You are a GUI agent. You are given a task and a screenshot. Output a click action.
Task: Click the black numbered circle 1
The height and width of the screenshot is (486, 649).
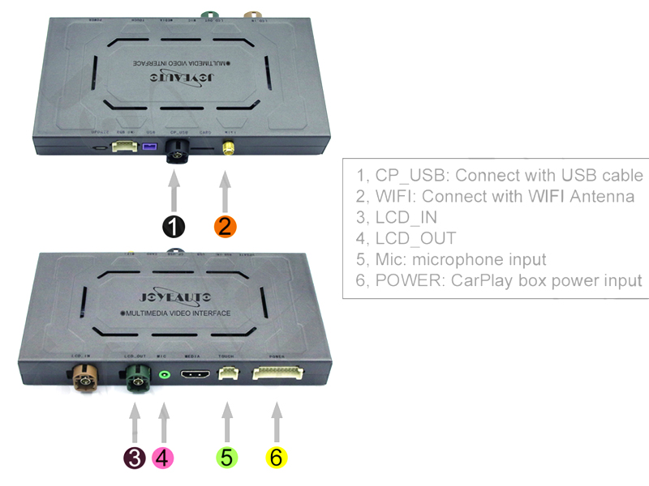174,227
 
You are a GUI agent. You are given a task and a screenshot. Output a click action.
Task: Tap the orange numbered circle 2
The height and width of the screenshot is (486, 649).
225,227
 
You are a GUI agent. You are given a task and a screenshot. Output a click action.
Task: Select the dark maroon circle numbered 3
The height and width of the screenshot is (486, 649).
135,458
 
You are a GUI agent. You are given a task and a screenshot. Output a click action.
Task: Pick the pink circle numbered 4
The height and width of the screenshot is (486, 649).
163,458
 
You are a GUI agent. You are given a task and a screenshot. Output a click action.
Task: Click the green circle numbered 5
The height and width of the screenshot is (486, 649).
226,458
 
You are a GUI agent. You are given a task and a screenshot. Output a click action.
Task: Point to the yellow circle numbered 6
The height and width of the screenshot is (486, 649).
276,458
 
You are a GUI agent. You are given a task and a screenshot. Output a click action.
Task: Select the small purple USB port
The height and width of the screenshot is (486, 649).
149,148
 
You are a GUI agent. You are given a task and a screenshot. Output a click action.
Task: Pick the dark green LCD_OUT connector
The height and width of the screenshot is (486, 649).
135,377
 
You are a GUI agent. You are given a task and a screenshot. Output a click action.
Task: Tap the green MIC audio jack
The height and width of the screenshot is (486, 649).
165,374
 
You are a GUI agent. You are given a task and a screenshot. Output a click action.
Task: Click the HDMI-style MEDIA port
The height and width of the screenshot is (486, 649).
195,375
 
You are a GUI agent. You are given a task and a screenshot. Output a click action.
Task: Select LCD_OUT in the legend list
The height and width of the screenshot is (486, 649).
415,238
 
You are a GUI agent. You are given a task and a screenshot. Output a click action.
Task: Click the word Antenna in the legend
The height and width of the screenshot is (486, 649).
600,196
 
